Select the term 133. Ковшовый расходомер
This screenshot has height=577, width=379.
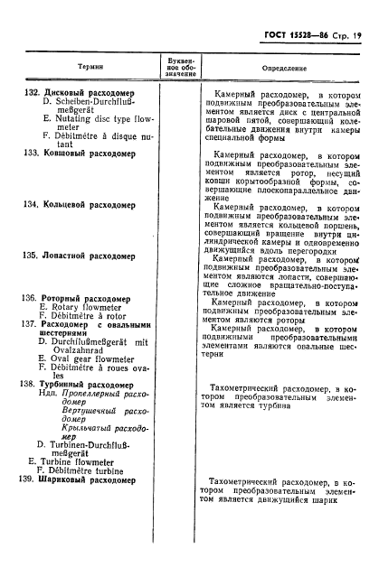[77, 154]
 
